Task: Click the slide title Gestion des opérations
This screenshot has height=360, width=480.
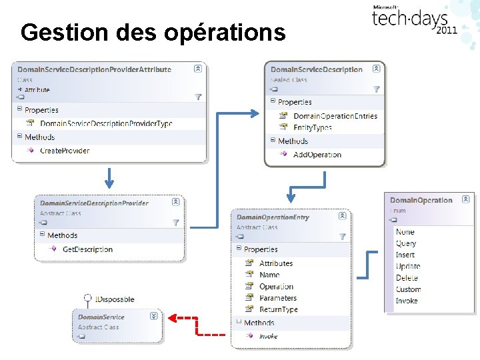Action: (x=153, y=31)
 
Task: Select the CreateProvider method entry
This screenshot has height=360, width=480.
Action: (x=65, y=151)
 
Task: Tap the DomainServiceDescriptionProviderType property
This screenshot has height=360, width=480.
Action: (x=106, y=123)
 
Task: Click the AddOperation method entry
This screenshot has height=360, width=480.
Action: (x=317, y=155)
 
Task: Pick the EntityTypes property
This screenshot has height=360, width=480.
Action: (x=312, y=127)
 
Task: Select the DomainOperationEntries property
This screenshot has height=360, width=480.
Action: (x=335, y=116)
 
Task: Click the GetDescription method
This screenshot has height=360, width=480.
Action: (x=87, y=249)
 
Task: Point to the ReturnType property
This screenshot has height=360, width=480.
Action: (x=278, y=309)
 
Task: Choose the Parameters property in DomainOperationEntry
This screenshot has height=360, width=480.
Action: (x=278, y=298)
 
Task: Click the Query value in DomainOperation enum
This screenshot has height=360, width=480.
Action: (x=405, y=243)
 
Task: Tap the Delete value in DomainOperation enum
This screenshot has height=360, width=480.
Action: (x=407, y=278)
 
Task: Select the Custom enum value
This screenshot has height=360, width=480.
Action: (x=408, y=289)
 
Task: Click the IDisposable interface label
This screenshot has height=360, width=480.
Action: (x=115, y=299)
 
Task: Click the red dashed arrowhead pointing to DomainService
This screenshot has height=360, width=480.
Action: (x=171, y=318)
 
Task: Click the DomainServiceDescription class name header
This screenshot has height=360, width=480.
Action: (x=316, y=69)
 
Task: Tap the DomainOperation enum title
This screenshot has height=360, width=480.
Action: (x=421, y=200)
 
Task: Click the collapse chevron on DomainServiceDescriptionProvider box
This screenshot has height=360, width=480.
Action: (x=176, y=202)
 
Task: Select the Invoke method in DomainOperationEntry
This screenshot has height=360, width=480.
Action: (x=268, y=336)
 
